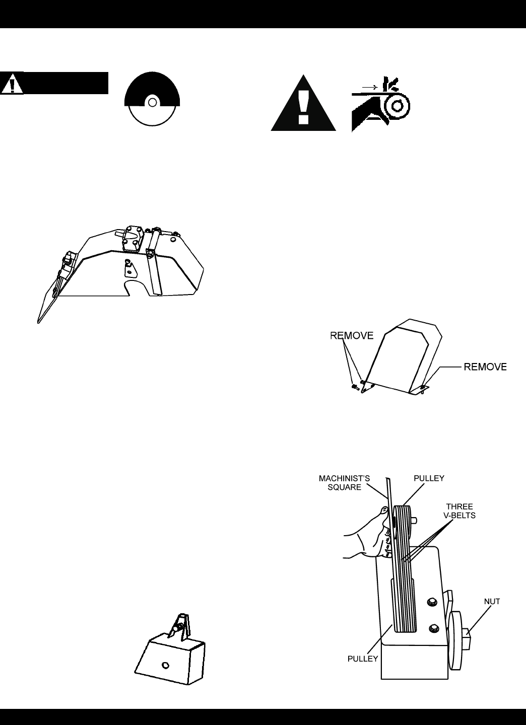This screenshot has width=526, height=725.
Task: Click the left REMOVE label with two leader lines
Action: tap(352, 335)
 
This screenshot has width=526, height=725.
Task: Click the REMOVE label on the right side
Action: tap(485, 367)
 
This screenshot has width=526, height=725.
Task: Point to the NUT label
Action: tap(491, 601)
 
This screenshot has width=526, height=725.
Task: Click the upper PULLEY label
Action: tap(429, 478)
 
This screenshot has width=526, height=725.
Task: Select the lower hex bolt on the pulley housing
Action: tap(433, 628)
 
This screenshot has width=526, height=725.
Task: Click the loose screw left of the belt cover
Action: tap(355, 387)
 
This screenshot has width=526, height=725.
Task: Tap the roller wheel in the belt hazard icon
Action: tap(396, 106)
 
